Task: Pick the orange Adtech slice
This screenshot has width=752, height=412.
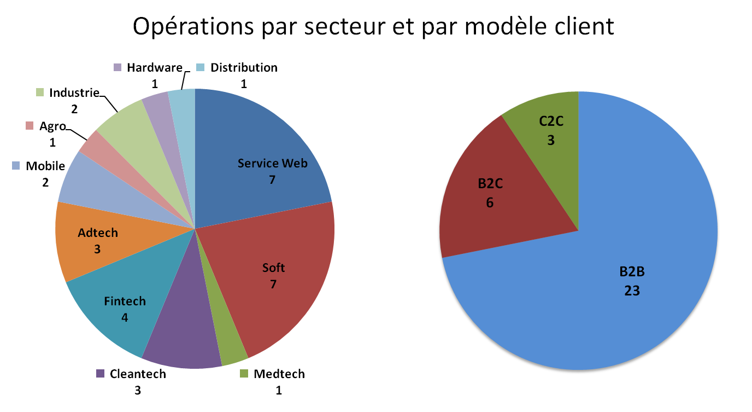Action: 93,241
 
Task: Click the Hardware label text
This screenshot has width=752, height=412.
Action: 154,68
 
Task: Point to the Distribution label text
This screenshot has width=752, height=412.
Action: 244,68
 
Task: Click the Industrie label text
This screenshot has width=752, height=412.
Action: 74,92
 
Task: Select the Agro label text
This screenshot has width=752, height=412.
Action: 52,126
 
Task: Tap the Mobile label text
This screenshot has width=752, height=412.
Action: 45,166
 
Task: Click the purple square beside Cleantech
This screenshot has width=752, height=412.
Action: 100,374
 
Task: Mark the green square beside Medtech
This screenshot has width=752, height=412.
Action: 244,374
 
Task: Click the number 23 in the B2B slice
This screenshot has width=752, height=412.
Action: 632,291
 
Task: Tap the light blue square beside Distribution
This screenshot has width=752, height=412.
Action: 201,68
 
